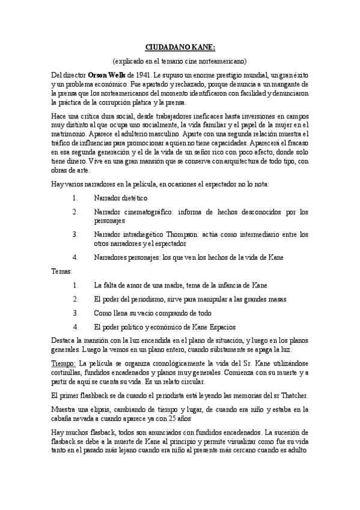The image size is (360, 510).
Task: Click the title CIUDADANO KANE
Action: (x=180, y=46)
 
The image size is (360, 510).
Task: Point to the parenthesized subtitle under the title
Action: (x=180, y=61)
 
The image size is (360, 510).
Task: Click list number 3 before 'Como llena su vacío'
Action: (x=76, y=313)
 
